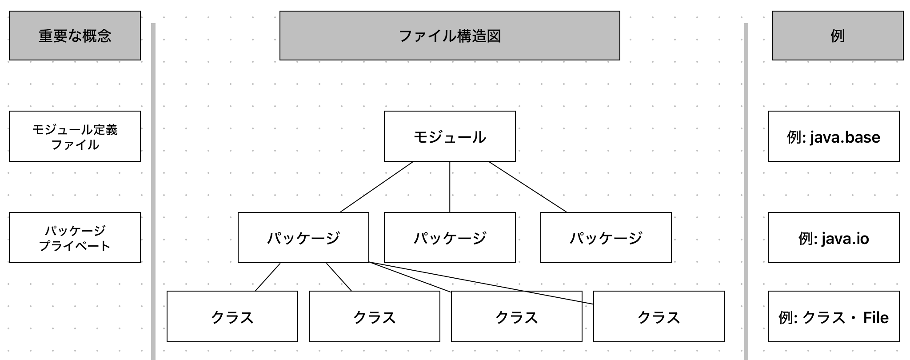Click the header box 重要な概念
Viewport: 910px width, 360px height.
75,36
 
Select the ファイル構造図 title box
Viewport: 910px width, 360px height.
449,36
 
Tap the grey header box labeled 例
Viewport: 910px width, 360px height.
837,36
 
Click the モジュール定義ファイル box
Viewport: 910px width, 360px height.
75,136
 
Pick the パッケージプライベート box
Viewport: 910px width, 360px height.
75,237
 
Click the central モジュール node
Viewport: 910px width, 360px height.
449,136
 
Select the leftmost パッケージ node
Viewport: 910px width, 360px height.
303,237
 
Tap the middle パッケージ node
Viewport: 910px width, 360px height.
449,237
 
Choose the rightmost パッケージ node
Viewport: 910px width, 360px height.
605,237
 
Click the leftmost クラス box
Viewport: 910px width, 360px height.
232,316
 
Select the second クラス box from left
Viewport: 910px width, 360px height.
374,316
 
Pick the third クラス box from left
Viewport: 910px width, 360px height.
516,316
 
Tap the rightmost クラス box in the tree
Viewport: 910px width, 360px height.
659,316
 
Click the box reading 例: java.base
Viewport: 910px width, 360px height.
833,136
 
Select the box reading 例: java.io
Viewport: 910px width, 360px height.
833,238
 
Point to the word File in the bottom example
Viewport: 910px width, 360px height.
875,317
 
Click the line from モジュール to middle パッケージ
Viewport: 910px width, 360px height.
450,187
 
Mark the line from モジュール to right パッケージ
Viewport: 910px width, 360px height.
528,187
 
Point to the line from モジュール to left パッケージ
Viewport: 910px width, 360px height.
376,187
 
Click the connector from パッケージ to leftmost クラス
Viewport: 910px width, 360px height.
267,277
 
